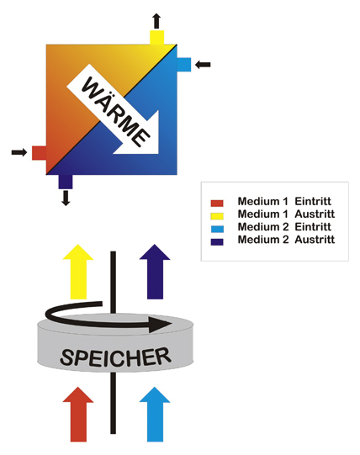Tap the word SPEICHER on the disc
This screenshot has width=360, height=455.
click(115, 357)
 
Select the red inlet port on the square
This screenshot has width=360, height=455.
click(40, 153)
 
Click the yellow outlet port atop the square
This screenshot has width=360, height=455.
click(157, 37)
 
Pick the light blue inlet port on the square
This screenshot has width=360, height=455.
click(183, 65)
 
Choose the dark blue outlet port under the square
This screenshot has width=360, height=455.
click(66, 182)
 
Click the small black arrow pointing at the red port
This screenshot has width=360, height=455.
click(19, 152)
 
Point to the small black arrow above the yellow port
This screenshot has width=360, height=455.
click(156, 20)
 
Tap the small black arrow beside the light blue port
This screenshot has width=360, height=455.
click(203, 65)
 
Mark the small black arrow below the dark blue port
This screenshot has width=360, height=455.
click(66, 198)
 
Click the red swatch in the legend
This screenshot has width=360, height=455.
click(217, 204)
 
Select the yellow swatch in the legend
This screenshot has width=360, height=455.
click(217, 216)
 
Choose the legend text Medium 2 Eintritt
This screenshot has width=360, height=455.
click(284, 226)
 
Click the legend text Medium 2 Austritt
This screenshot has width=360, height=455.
click(286, 240)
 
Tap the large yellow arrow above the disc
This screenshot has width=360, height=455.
click(78, 272)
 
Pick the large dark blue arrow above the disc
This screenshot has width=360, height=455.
click(155, 272)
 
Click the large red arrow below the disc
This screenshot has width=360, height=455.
click(78, 415)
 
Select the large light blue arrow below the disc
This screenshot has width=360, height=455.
click(155, 415)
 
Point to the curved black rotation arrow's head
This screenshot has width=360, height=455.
click(159, 325)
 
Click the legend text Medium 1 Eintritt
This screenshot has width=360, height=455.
click(284, 201)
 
